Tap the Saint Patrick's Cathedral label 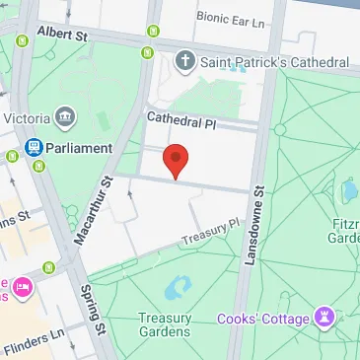click(275, 62)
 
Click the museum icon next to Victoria click(67, 116)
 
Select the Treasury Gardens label click(165, 324)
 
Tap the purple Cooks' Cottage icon click(323, 317)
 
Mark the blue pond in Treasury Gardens click(179, 287)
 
